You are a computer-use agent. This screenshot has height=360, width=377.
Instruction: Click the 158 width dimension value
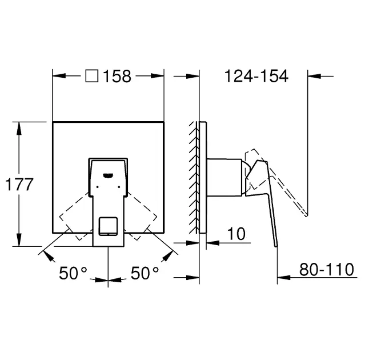pyautogui.click(x=118, y=76)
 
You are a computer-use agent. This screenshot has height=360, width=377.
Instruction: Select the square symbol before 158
pyautogui.click(x=91, y=76)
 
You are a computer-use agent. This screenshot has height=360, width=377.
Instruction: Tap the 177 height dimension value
pyautogui.click(x=19, y=185)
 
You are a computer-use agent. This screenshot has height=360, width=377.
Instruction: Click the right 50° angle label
pyautogui.click(x=145, y=273)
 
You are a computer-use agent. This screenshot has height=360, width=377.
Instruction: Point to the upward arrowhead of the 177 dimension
pyautogui.click(x=20, y=127)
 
